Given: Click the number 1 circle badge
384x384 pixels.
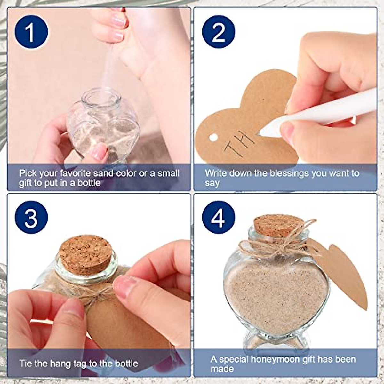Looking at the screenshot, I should [31, 32].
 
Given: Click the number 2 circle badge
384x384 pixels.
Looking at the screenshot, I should [219, 32].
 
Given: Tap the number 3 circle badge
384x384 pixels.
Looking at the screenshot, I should [31, 217].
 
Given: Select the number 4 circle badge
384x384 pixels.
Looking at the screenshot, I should [219, 217].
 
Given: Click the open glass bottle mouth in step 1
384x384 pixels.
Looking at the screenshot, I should [97, 96].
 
